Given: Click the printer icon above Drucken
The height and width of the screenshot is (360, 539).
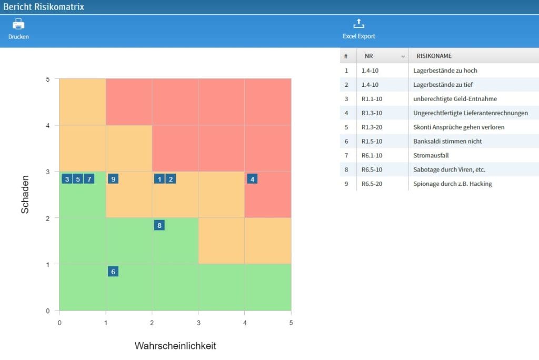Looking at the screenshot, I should (18, 24).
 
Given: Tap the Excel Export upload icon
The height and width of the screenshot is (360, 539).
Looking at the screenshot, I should (358, 24).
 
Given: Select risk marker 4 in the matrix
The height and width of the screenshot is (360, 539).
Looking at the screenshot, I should (253, 179).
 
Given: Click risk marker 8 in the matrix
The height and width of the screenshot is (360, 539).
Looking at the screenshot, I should (159, 225).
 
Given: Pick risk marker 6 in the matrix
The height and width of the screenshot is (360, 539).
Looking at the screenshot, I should (113, 272).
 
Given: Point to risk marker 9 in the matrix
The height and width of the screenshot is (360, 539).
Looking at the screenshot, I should (113, 179).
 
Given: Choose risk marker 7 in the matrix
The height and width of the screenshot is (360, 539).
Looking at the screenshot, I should (89, 179).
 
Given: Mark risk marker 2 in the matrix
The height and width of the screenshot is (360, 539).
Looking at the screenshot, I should (171, 179).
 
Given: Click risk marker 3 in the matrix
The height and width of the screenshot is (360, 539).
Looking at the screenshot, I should (67, 179).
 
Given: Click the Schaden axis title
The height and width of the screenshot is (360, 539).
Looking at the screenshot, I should (25, 194).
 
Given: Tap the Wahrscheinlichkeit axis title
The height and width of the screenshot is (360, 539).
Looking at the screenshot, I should (175, 346).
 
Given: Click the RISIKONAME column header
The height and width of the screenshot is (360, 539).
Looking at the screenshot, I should (434, 56).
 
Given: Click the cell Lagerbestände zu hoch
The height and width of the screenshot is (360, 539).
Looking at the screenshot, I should (445, 70).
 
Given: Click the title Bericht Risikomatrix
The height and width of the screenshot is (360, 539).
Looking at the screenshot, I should (44, 7).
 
